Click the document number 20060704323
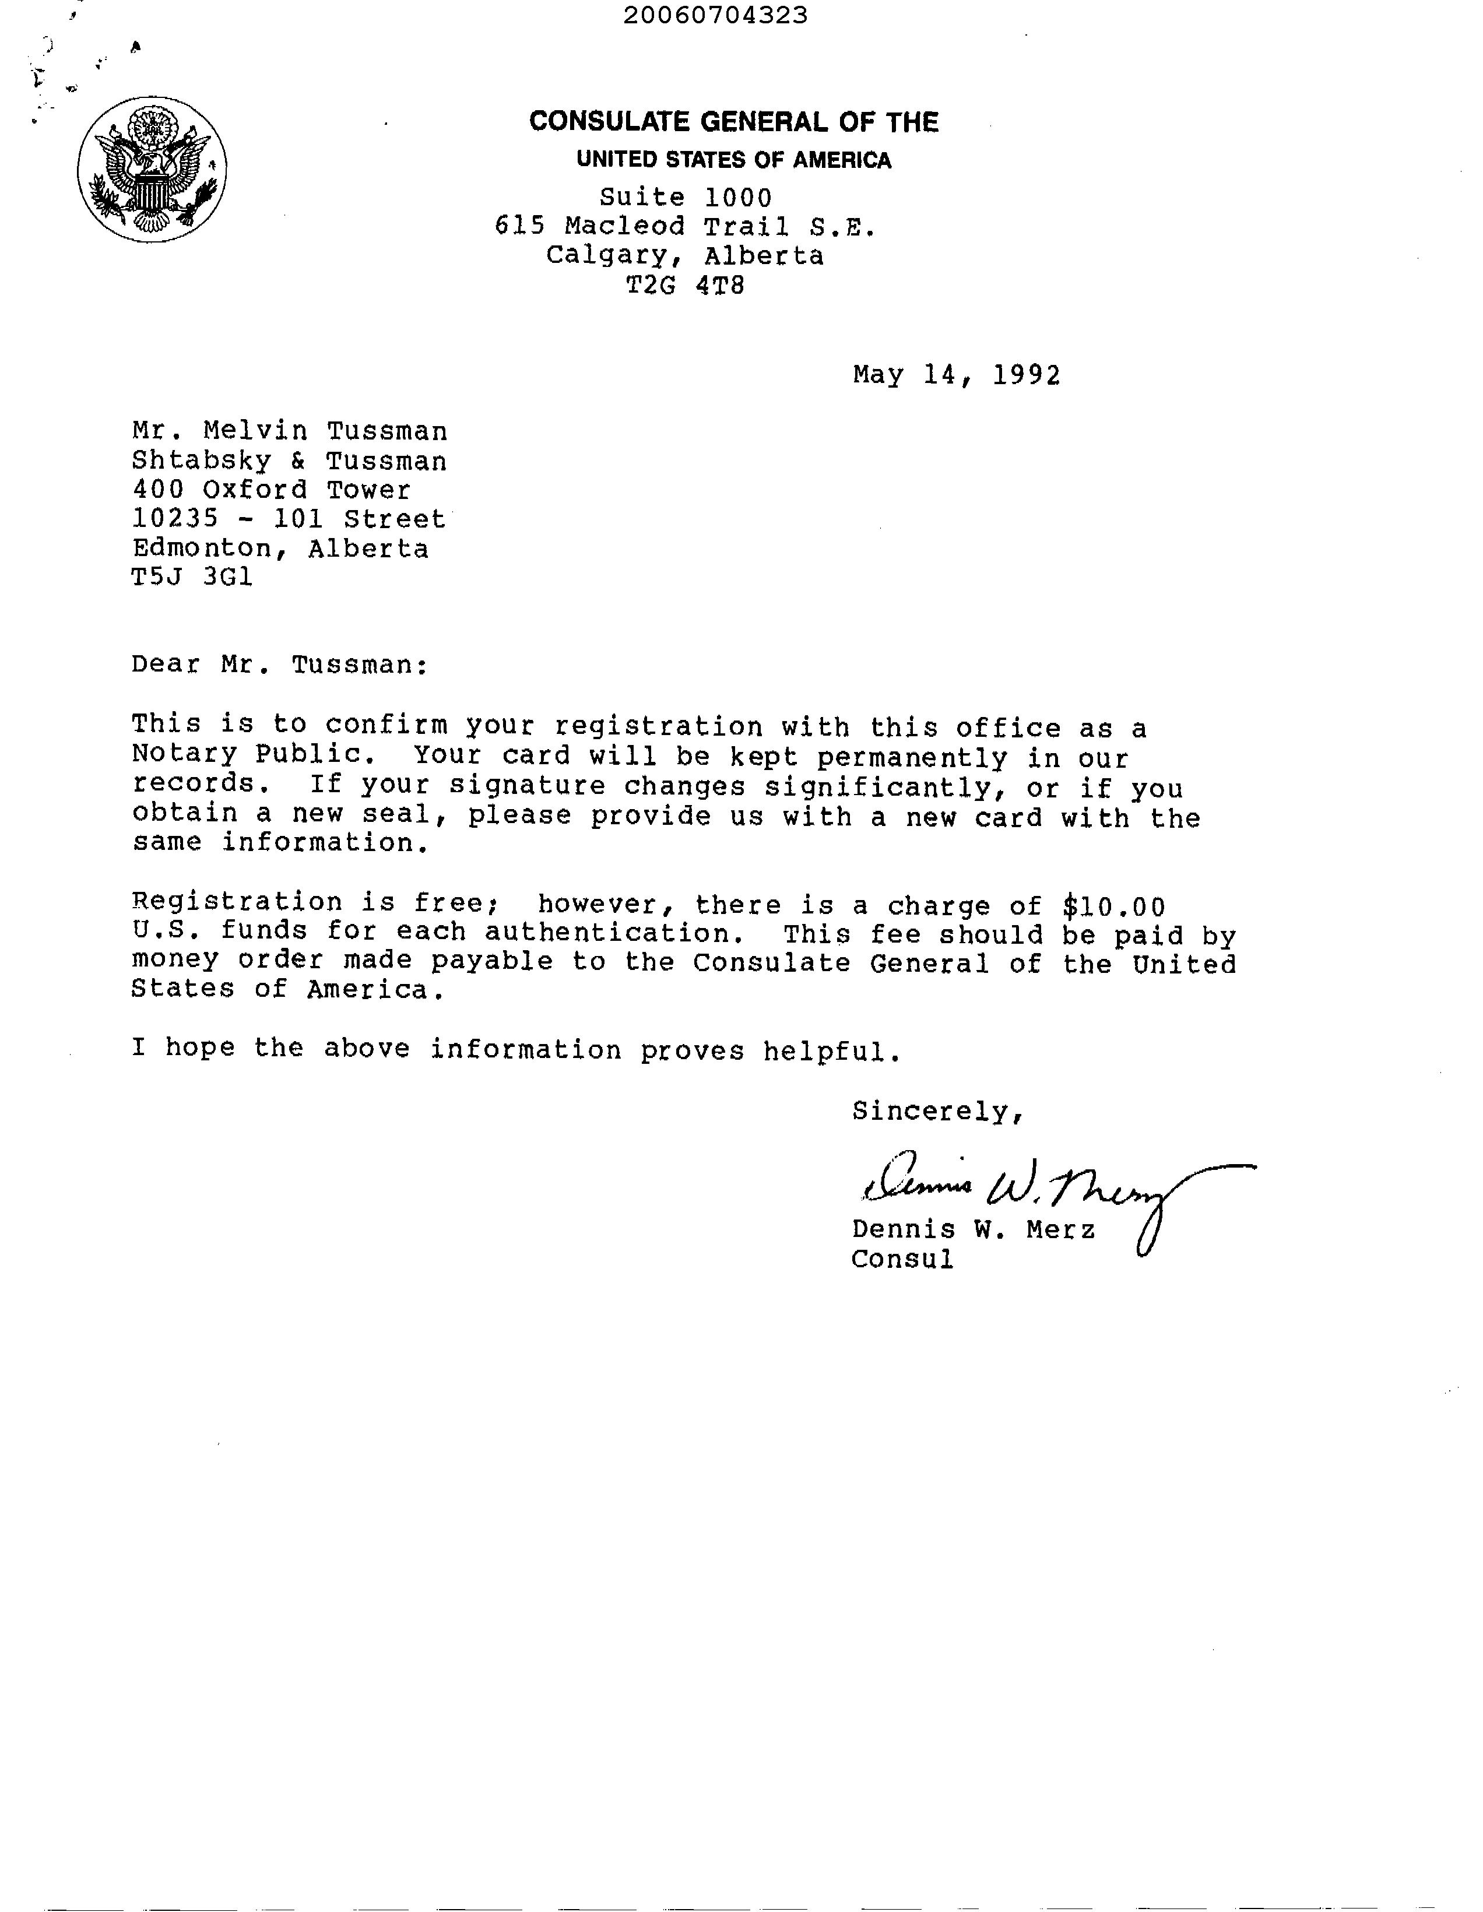point(715,15)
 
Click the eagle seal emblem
point(152,169)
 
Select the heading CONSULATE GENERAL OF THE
point(733,122)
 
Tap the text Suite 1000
point(686,198)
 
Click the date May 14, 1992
point(956,375)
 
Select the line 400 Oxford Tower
point(272,490)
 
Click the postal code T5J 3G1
point(192,578)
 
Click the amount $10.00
point(1113,906)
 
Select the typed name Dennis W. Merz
point(972,1230)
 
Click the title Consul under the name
point(902,1260)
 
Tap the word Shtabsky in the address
point(201,461)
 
